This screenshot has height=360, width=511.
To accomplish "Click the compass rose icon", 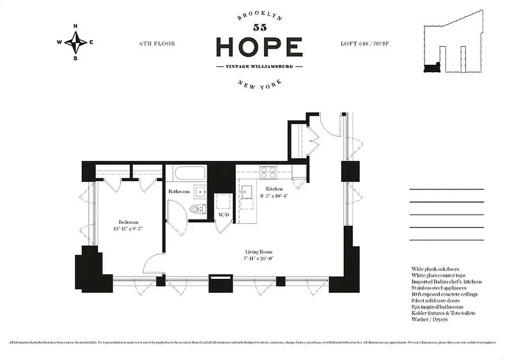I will click(x=75, y=42).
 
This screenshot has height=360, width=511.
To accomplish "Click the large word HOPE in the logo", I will click(x=259, y=46).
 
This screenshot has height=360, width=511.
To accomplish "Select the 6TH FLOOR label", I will click(x=157, y=44).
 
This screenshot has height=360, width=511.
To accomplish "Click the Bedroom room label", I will click(x=128, y=222).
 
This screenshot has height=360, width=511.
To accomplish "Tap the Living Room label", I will click(x=259, y=252).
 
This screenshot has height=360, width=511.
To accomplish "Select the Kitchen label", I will click(x=274, y=189).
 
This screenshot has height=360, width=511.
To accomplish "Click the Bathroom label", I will click(x=179, y=192).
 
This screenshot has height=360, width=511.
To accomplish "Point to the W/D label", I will click(x=224, y=215).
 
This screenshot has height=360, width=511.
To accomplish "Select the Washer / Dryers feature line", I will click(x=429, y=319).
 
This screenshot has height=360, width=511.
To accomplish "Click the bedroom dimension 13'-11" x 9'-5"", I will click(x=128, y=229).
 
